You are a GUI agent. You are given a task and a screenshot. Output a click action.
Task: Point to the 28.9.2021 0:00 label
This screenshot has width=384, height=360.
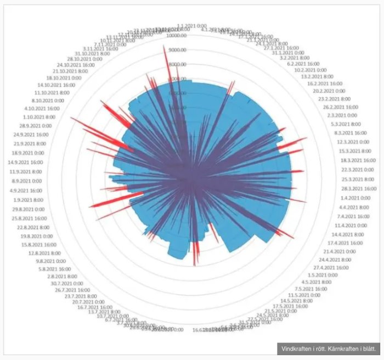click(33, 125)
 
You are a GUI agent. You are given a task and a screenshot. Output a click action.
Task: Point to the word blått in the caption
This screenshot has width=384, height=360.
click(370, 349)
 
